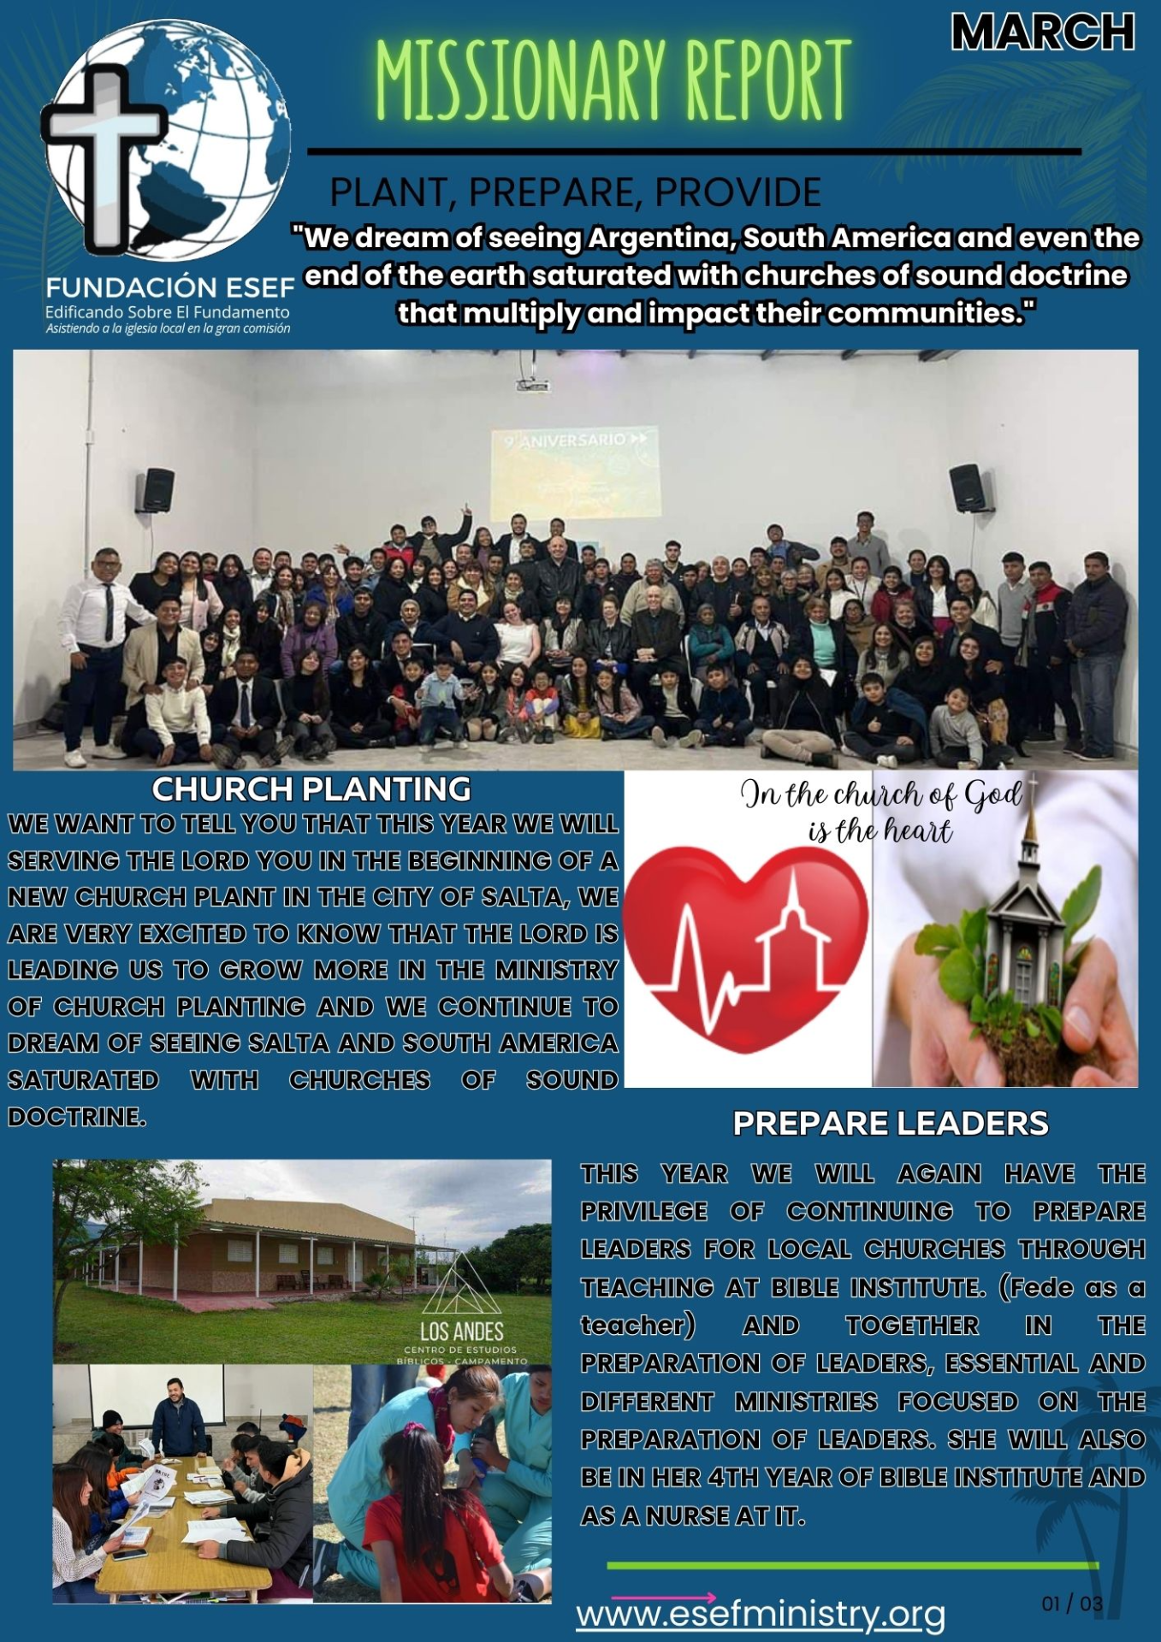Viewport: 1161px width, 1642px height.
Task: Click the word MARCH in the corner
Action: coord(1043,32)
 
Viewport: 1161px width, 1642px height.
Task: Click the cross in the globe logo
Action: coord(104,154)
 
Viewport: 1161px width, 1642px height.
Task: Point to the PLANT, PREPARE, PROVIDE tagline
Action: coord(576,192)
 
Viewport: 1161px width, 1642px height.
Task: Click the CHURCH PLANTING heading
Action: coord(311,789)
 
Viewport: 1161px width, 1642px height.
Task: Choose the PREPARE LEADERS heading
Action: coord(891,1123)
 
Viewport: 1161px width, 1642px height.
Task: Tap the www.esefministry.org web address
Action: coord(761,1614)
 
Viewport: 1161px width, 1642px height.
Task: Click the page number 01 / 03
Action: coord(1072,1604)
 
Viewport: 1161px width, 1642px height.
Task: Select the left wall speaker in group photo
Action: coord(157,489)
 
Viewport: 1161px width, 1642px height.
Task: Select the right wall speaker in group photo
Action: coord(966,488)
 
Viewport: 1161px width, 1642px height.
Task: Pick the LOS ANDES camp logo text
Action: coord(462,1332)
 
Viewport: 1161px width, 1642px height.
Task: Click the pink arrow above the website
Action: coord(664,1598)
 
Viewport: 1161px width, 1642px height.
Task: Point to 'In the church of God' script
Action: coord(881,795)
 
